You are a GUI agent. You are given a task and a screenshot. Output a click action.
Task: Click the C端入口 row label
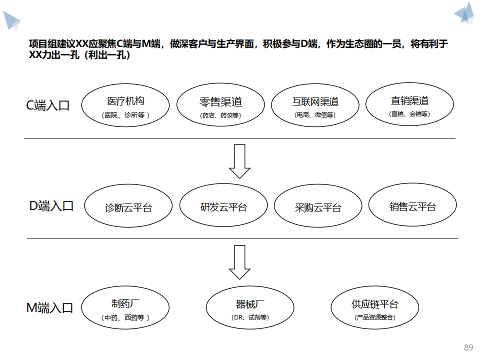click(x=48, y=105)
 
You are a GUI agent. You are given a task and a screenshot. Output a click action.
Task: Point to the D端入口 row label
click(x=51, y=206)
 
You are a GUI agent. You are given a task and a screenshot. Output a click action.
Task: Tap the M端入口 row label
click(x=49, y=308)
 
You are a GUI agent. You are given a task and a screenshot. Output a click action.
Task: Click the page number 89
click(x=468, y=348)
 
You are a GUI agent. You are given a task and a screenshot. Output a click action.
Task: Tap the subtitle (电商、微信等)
click(x=315, y=115)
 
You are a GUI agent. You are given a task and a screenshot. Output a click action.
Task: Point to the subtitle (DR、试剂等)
click(x=250, y=317)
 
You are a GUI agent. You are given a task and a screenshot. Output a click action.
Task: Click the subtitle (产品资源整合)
click(x=375, y=317)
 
